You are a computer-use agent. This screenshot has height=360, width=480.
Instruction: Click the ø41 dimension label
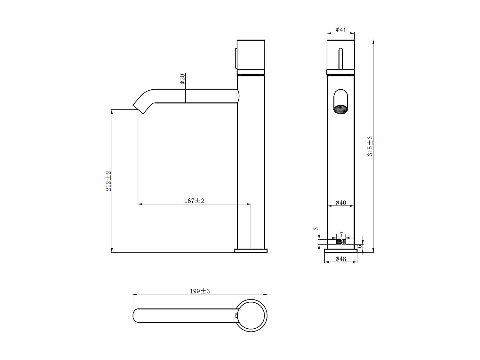[341, 30]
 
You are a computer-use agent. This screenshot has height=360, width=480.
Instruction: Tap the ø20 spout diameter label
[182, 79]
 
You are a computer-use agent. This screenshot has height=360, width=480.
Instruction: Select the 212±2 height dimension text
[108, 181]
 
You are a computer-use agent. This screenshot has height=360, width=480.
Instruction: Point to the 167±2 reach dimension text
[194, 201]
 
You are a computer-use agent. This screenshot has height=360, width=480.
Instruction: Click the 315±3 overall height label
[370, 146]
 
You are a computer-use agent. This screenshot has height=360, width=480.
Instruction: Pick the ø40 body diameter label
[341, 203]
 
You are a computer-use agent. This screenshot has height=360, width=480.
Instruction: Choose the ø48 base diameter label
[341, 259]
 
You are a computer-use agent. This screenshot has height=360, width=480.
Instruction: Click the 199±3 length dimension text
[200, 291]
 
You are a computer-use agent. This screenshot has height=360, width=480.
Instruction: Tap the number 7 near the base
[341, 235]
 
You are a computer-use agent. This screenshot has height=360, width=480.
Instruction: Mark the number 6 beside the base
[359, 246]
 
